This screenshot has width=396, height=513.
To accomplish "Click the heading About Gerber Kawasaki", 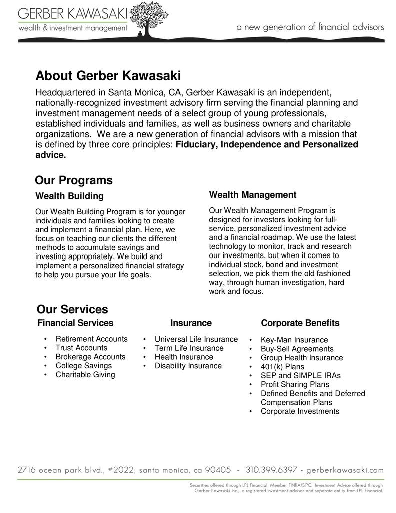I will click(108, 76).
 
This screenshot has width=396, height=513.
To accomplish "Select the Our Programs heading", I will click(74, 180).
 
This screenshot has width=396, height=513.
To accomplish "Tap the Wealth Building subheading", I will click(69, 195).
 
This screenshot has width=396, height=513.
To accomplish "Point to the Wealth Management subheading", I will click(252, 194).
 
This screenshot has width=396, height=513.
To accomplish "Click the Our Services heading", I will click(72, 309).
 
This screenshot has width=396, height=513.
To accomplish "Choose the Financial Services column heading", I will click(75, 323).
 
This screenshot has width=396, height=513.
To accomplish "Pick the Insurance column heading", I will click(191, 323).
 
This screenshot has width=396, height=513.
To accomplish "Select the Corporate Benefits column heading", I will click(300, 323).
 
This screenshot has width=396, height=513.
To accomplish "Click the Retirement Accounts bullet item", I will click(91, 339).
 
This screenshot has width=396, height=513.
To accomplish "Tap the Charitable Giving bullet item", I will click(85, 375).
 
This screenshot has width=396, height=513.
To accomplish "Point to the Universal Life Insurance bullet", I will click(196, 339).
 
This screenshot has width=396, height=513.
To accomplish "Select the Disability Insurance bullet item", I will click(188, 366).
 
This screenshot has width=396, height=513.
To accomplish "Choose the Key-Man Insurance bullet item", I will click(294, 340).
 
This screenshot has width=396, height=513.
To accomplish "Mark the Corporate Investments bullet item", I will click(299, 411).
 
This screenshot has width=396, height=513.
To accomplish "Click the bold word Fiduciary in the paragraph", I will click(195, 145).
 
